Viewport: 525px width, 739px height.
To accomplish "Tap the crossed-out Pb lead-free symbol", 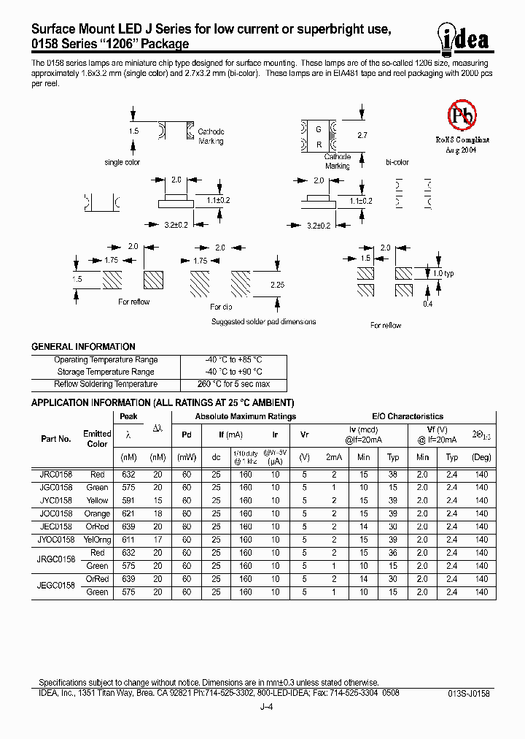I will pos(461,115).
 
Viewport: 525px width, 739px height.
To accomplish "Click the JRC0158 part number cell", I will pos(55,475).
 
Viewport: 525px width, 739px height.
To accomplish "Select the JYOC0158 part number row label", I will pos(55,540).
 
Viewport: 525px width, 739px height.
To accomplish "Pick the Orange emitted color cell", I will pos(97,513).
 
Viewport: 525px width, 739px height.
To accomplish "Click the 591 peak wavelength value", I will pos(128,501).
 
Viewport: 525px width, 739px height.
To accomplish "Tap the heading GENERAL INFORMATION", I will pos(83,347).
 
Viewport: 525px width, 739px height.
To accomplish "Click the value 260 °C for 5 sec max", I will pos(233,384).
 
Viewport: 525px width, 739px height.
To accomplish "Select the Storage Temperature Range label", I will pos(106,372).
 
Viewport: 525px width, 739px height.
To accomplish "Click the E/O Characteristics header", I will pos(408,416).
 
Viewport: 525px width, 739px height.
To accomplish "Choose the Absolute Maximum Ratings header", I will pos(245,416).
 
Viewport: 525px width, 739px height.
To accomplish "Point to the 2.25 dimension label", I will pos(278,285).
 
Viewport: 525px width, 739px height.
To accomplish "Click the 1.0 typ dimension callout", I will pos(443,273).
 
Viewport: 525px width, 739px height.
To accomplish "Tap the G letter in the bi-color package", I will pos(319,129).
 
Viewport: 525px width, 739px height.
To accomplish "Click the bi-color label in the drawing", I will pos(397,163).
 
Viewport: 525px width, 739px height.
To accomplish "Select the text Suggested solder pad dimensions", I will pos(263,321).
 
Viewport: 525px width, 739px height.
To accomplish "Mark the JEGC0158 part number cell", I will pos(55,586).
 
